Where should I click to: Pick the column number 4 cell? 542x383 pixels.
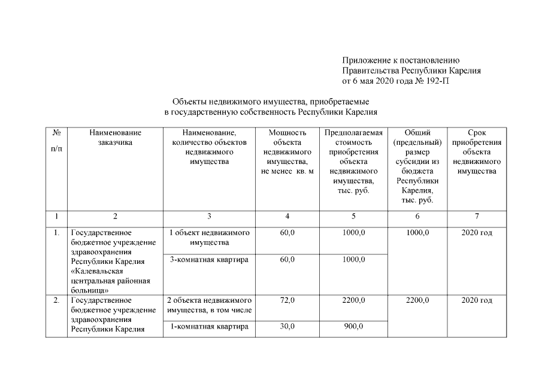pyautogui.click(x=287, y=216)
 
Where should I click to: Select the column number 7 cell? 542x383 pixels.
pyautogui.click(x=477, y=216)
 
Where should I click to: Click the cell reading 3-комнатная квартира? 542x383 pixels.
pyautogui.click(x=209, y=260)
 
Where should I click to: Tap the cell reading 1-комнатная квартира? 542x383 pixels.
pyautogui.click(x=209, y=326)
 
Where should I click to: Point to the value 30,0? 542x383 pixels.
pyautogui.click(x=287, y=326)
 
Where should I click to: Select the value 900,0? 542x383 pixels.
pyautogui.click(x=353, y=326)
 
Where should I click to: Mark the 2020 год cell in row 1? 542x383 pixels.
pyautogui.click(x=477, y=232)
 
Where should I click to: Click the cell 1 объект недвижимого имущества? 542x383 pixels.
pyautogui.click(x=209, y=238)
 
